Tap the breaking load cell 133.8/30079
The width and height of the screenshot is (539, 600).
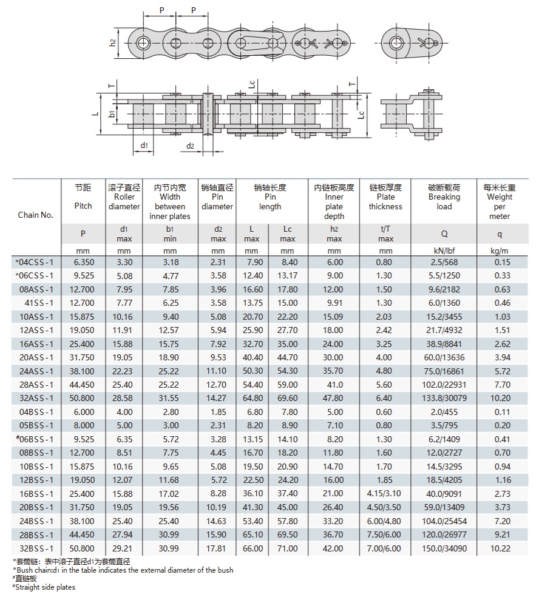(444, 399)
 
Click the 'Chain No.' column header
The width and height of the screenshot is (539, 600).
(35, 215)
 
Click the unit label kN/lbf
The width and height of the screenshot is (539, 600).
(444, 251)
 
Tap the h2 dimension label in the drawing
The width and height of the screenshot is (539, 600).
(113, 43)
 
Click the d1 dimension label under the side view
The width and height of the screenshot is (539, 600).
(144, 146)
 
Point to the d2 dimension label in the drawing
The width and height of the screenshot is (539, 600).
(190, 146)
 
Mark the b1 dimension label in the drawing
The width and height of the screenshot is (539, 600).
(112, 113)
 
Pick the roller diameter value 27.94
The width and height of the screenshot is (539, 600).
(124, 535)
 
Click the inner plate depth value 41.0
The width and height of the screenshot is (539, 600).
(334, 385)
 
